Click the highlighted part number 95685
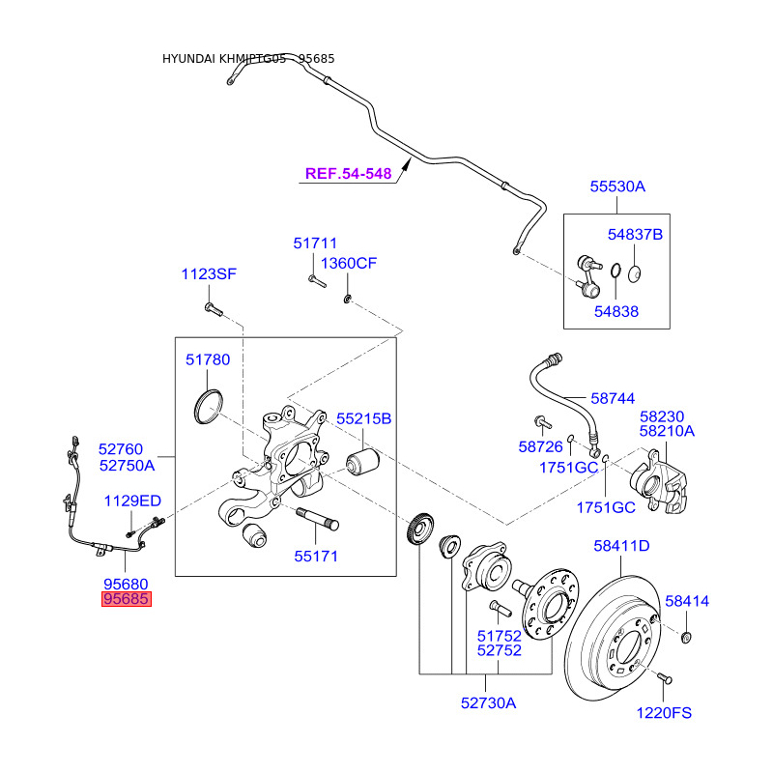click(x=128, y=600)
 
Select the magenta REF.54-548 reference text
click(x=348, y=174)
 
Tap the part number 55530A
click(x=617, y=186)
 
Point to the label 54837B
click(x=635, y=235)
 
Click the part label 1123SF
click(x=209, y=274)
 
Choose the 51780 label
click(x=208, y=359)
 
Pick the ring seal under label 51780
click(x=209, y=405)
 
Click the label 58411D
click(x=621, y=546)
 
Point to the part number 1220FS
click(x=664, y=713)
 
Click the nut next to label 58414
click(x=686, y=636)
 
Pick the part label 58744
click(x=614, y=398)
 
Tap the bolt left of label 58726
click(x=540, y=421)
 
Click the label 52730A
click(x=488, y=703)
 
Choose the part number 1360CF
click(x=349, y=264)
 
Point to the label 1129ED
click(x=132, y=501)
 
